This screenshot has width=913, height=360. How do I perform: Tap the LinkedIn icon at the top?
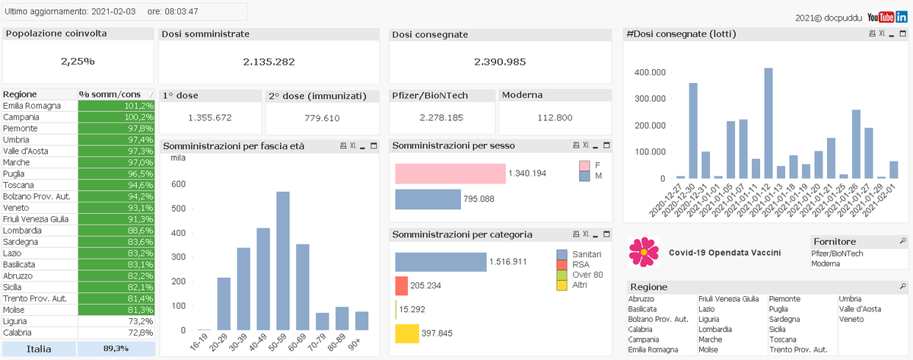[x=902, y=18]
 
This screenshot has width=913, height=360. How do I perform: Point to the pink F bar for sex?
[x=450, y=174]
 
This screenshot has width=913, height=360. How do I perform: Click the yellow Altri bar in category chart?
[x=407, y=333]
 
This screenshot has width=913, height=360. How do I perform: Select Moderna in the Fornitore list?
[x=826, y=263]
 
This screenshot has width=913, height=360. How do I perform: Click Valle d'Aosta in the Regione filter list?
[x=860, y=309]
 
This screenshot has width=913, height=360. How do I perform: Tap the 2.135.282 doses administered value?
[x=269, y=62]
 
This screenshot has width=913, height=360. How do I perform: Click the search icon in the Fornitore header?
[x=902, y=241]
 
